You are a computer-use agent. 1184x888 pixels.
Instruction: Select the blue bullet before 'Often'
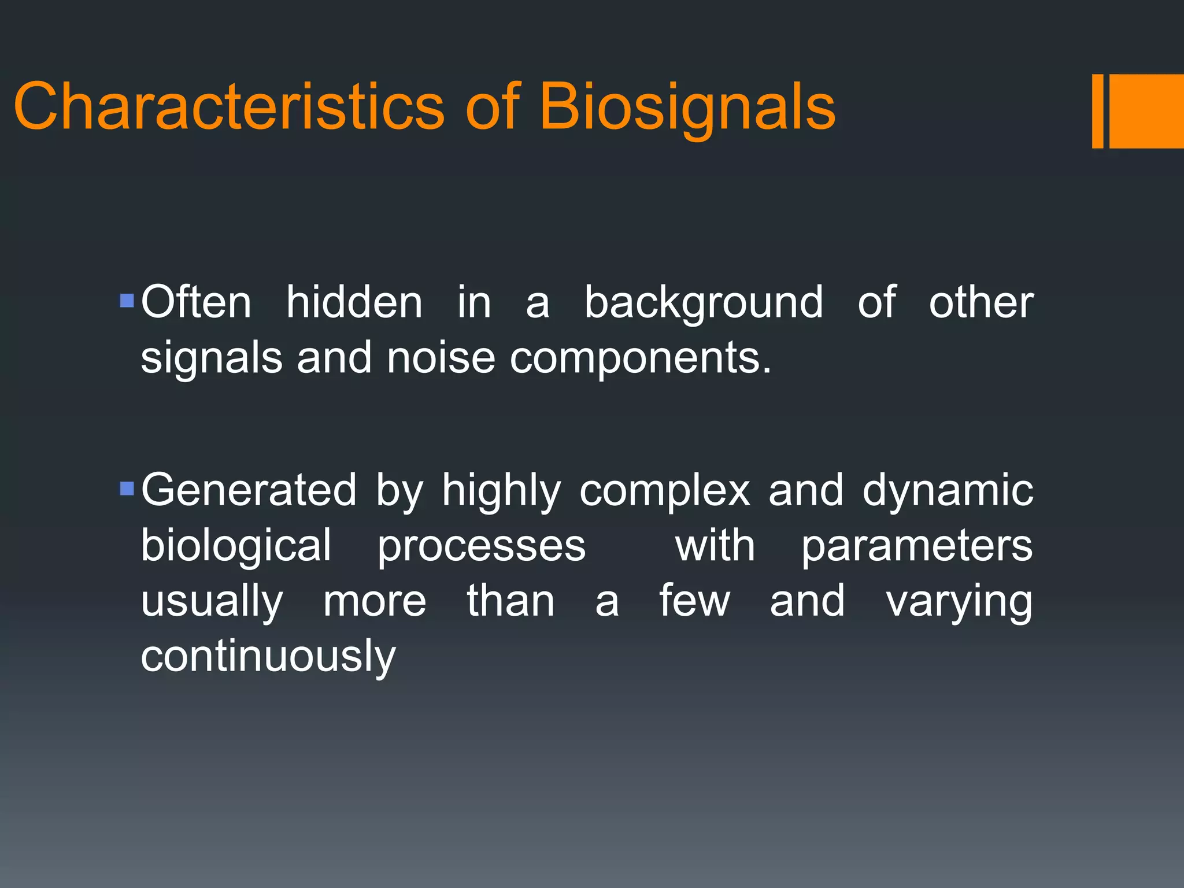[x=127, y=301]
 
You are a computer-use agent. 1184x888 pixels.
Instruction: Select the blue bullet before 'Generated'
[x=127, y=489]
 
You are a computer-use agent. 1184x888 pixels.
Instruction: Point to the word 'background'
[x=703, y=303]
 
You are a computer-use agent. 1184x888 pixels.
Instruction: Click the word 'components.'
[x=641, y=358]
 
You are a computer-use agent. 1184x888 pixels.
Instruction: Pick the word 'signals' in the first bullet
[x=212, y=358]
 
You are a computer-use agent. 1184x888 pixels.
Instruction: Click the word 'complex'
[x=665, y=490]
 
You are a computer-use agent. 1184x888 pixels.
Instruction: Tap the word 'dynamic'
[x=947, y=490]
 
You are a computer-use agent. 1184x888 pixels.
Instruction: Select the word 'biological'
[x=236, y=546]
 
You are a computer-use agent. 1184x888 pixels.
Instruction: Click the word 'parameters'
[x=917, y=546]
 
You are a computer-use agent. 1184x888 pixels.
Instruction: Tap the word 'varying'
[x=959, y=601]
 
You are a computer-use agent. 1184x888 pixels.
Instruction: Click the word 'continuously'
[x=268, y=657]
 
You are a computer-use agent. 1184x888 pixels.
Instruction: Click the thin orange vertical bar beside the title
[x=1097, y=111]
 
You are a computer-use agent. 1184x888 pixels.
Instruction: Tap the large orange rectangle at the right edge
[x=1147, y=111]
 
